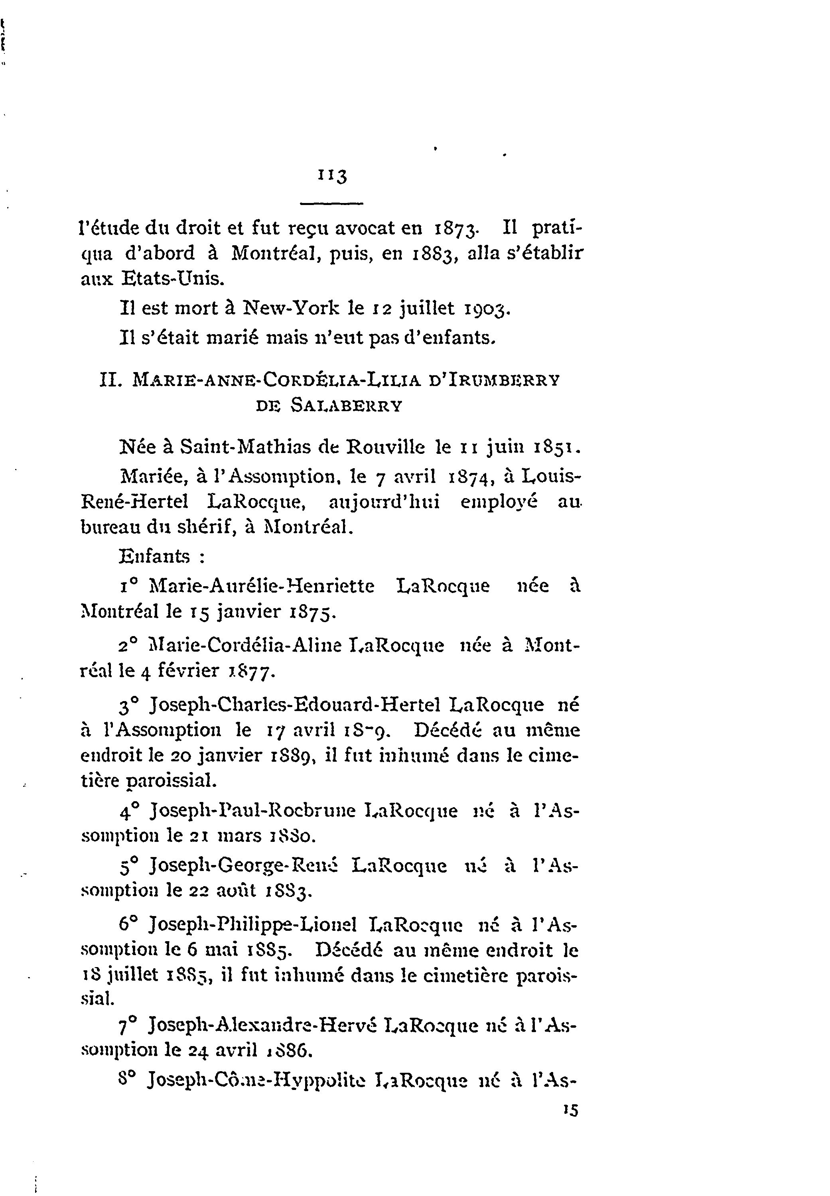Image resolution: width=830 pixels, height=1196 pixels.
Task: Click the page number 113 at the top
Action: click(x=332, y=175)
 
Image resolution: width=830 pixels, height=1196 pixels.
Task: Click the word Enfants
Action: click(x=154, y=556)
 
